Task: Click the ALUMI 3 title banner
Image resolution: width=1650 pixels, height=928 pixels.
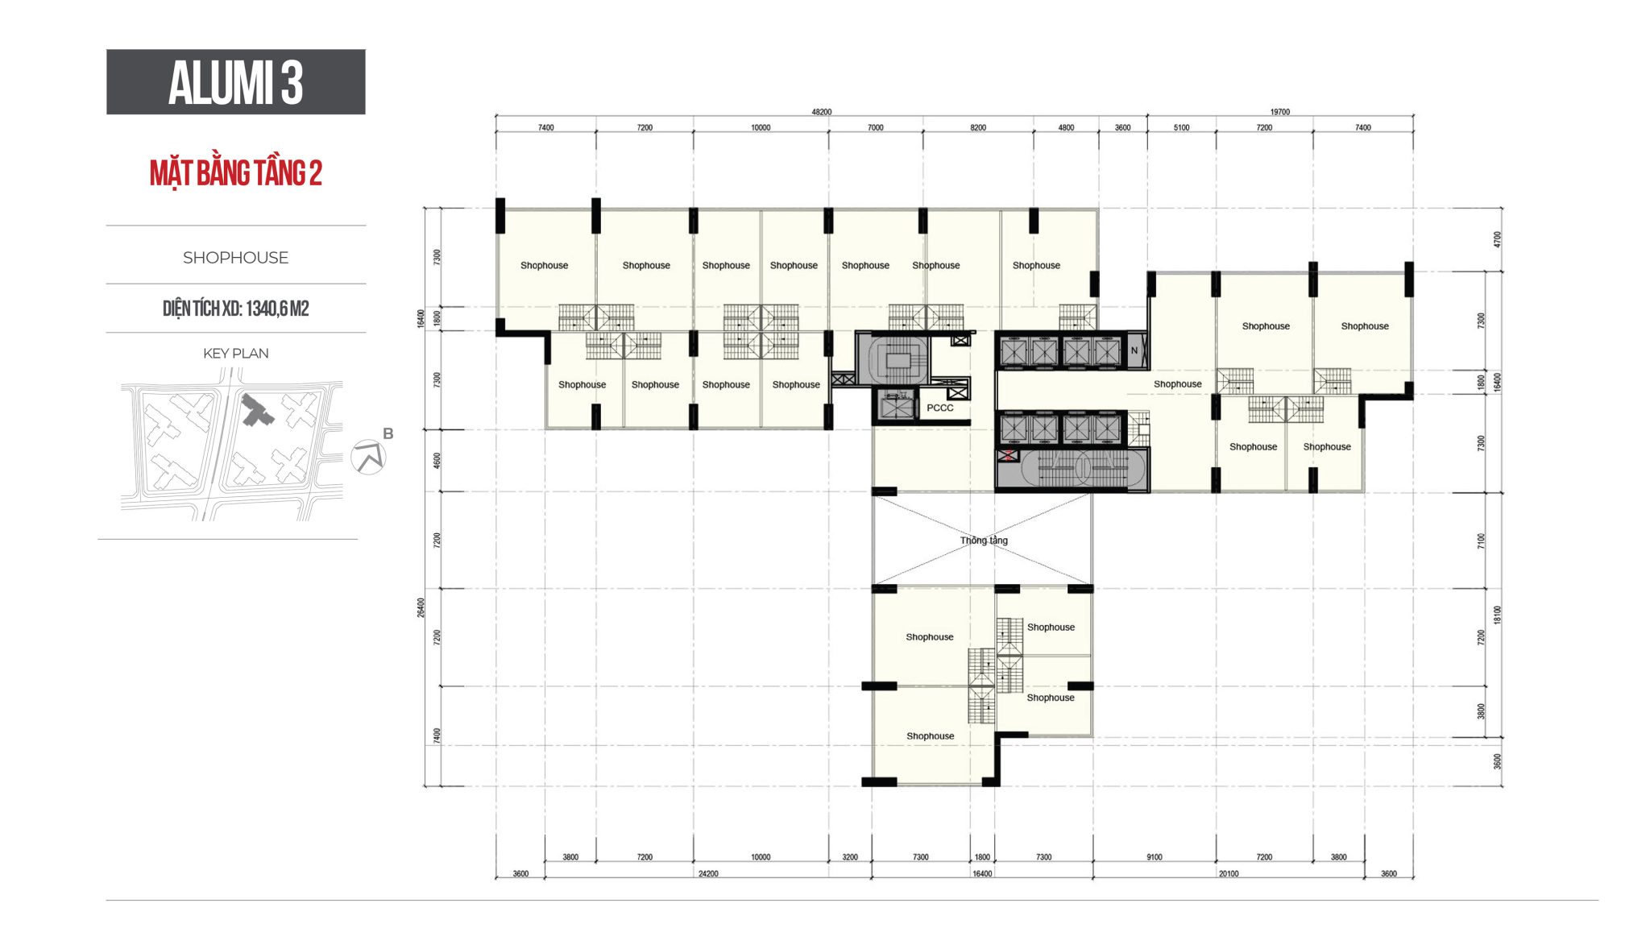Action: [x=235, y=82]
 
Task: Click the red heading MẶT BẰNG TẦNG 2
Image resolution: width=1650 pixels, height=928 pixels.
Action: [x=235, y=173]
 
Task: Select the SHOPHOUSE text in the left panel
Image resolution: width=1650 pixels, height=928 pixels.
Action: [x=235, y=258]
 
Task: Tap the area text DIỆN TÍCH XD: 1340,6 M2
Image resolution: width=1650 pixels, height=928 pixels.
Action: [x=235, y=309]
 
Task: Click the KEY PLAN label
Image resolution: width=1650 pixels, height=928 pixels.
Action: [x=235, y=354]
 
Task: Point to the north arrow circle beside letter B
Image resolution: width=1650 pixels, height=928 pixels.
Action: [x=369, y=458]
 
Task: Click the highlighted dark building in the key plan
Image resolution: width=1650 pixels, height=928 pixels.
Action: [x=257, y=411]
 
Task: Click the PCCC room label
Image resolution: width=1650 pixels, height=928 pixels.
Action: [x=939, y=408]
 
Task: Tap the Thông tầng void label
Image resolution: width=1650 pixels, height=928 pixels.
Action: [x=984, y=541]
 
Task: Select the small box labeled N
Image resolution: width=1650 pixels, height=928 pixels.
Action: [x=1134, y=350]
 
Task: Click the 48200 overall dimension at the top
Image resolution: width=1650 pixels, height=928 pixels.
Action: [x=821, y=112]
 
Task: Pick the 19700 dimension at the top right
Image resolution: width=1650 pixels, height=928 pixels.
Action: [x=1280, y=112]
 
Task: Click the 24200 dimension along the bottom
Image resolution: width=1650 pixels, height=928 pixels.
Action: [x=708, y=874]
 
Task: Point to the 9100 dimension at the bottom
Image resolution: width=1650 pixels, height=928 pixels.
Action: [x=1155, y=857]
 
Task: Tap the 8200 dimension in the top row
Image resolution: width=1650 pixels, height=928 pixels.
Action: [x=978, y=128]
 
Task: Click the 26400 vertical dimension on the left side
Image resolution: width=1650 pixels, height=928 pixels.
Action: [x=421, y=608]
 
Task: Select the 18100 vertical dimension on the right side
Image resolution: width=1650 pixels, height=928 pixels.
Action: [x=1498, y=615]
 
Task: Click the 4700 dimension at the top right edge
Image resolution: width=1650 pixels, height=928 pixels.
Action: [x=1498, y=239]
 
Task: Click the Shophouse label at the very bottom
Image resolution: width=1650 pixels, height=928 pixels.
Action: [x=930, y=736]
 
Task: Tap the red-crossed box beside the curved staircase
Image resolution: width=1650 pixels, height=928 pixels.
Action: [x=1007, y=456]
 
